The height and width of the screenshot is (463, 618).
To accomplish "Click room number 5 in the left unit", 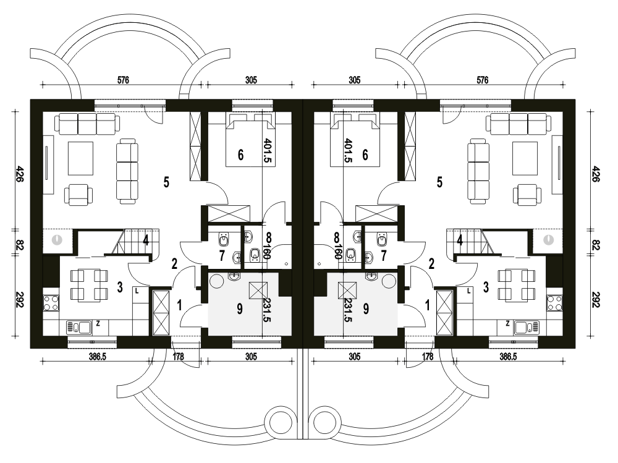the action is click(166, 182).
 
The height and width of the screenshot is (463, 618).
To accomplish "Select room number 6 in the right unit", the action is click(365, 155).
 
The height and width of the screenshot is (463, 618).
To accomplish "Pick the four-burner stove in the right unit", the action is click(554, 304).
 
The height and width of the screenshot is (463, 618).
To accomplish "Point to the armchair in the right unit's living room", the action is click(527, 195).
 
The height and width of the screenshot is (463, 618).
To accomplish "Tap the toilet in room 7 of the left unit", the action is click(224, 239).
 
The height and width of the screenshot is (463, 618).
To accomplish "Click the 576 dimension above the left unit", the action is click(123, 80).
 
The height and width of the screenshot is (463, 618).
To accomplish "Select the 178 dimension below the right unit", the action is click(428, 357).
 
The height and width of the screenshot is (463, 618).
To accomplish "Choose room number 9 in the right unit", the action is click(366, 309).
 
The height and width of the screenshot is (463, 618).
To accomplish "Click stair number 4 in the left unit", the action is click(146, 240).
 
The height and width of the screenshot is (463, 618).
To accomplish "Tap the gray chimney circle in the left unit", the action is click(57, 239).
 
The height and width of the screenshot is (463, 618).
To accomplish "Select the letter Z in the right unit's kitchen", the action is click(507, 324).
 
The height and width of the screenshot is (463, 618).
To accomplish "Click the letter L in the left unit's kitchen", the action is click(137, 291).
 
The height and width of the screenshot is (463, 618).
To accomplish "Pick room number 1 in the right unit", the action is click(428, 305).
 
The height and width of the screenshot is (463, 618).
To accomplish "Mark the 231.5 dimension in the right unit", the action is click(348, 310).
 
